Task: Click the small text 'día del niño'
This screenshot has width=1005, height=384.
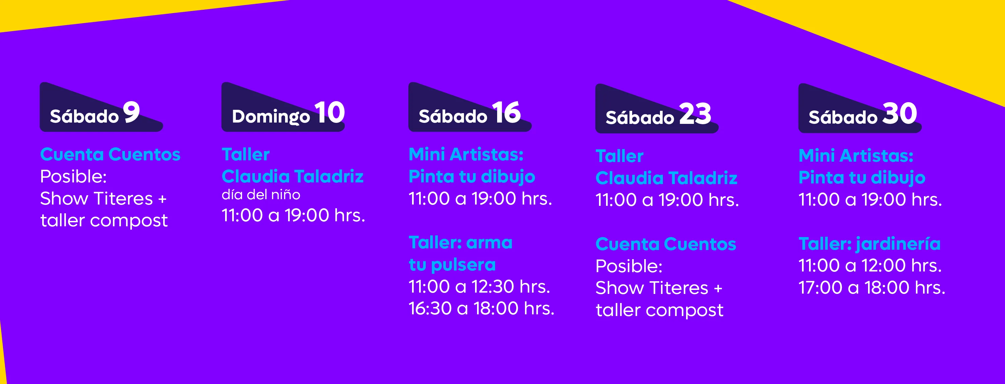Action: point(261,195)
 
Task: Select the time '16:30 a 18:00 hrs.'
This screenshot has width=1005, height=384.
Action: point(481,308)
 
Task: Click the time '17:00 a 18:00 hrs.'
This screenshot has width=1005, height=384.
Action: point(872,288)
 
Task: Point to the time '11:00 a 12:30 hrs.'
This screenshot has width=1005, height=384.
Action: point(479,287)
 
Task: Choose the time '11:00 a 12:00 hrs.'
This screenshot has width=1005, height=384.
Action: point(870,265)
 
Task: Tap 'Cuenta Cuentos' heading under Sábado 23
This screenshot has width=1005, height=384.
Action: point(666,244)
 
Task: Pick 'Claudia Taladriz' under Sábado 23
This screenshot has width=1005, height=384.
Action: point(666,178)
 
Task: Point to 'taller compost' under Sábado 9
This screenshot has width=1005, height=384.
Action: point(104,221)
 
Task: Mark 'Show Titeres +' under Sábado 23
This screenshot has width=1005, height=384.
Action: point(659,288)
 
